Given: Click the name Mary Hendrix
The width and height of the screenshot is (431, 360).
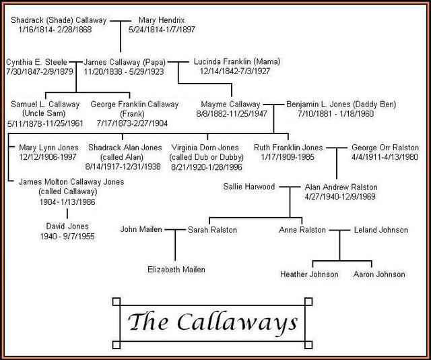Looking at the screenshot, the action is coord(162,20).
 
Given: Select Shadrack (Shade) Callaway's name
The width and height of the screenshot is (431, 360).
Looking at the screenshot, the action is coord(59,20).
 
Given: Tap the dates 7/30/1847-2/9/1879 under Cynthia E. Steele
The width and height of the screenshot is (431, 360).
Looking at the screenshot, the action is coord(40,71).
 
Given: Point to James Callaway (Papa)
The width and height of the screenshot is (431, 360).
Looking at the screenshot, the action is coord(125,62).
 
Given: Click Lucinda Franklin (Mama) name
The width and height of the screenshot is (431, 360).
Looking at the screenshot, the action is coord(237,61).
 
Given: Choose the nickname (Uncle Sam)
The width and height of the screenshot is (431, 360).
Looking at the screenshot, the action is coord(44,113).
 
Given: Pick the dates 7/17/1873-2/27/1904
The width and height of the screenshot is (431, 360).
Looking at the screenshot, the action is coord(132,123).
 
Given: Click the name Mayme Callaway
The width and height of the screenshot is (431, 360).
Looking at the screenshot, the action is coord(230,104).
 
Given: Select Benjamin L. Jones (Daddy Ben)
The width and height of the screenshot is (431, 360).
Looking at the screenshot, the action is coord(341,104).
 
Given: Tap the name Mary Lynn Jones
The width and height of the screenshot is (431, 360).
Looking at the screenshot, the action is coord(48,148).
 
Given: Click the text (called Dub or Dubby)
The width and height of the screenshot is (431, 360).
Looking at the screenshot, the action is coord(207,157).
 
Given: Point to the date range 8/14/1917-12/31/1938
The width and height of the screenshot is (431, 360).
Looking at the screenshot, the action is coord(123,167).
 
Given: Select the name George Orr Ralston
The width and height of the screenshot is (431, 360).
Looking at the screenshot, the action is coord(385,148).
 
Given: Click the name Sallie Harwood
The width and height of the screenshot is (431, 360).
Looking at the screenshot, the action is coord(249,187).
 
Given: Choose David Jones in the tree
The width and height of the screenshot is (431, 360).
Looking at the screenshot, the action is coord(67,227).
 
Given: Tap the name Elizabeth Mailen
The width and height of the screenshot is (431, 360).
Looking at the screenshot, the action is coord(176,270).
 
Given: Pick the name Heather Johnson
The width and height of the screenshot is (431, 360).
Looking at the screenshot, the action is coord(309,274).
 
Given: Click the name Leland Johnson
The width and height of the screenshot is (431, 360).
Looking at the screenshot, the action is coord(381,230).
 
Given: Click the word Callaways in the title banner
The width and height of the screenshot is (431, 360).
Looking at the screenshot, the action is coord(237,322).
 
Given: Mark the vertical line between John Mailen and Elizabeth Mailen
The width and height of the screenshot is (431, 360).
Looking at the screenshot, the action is coord(175,245).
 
